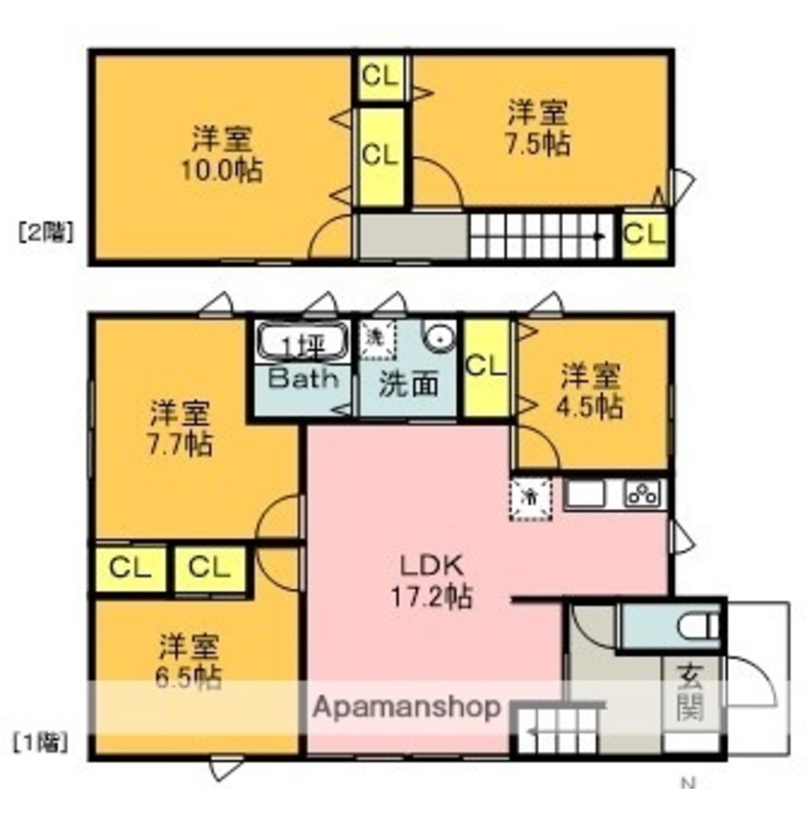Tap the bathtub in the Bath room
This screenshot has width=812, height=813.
[302, 342]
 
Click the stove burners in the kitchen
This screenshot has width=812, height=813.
[645, 493]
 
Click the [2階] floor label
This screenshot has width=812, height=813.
[45, 233]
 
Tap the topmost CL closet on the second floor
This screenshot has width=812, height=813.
[380, 77]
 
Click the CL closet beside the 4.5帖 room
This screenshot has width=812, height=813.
[486, 366]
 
